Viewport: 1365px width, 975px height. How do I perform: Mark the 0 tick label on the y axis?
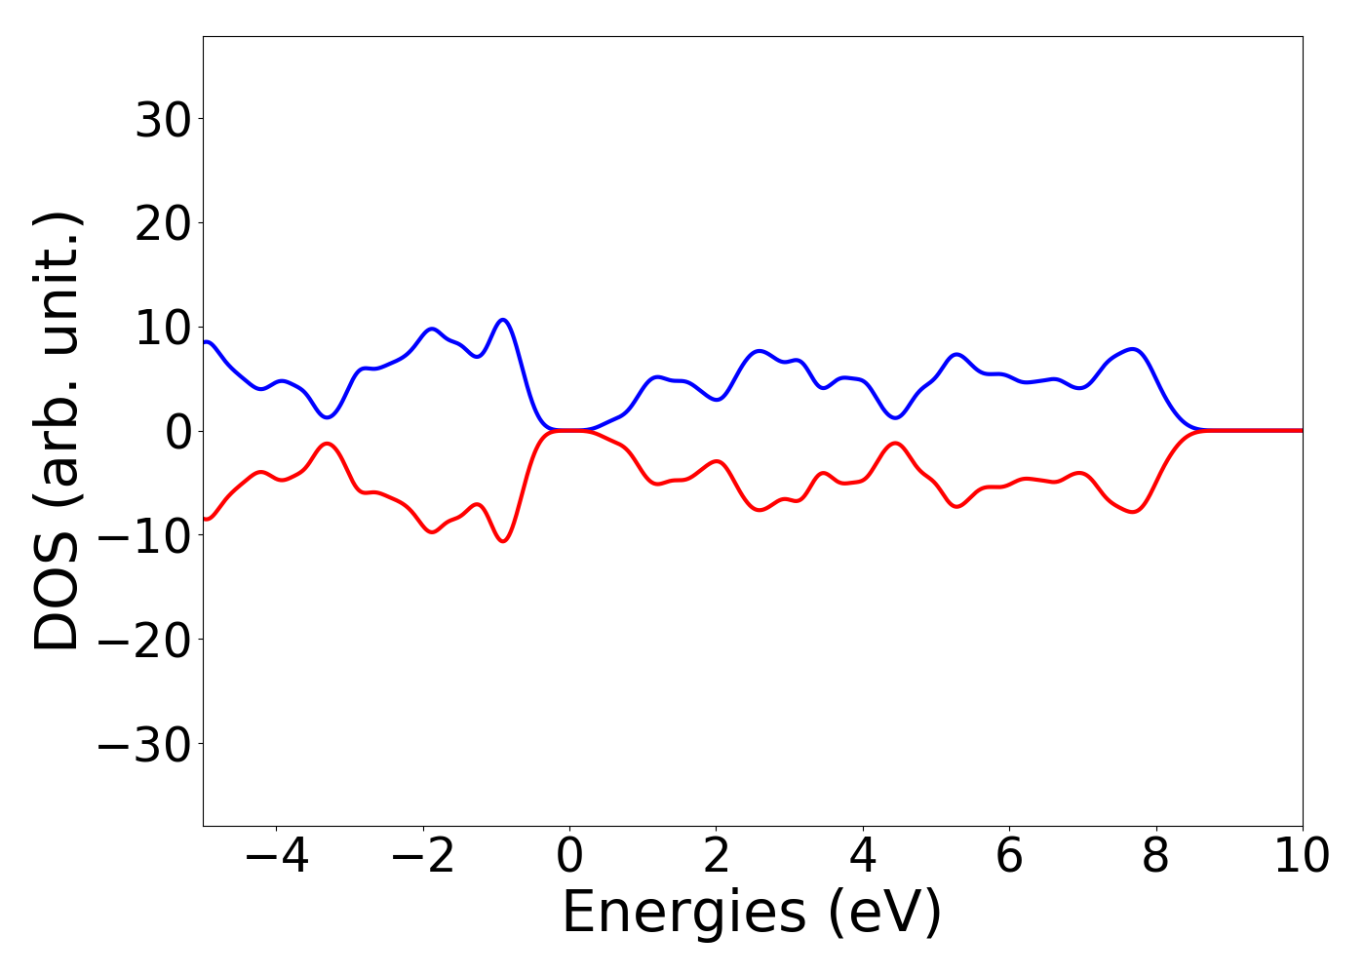179,432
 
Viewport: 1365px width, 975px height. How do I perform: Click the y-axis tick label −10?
149,535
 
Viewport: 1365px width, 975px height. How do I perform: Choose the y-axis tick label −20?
149,640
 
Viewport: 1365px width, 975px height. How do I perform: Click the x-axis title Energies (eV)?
752,914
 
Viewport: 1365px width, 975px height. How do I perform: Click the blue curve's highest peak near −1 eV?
503,320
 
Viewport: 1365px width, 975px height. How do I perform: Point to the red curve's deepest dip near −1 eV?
503,541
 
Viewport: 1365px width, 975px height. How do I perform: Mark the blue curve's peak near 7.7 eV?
1132,349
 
